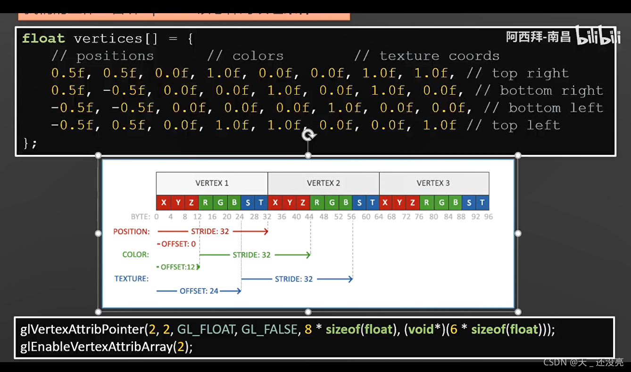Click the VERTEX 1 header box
pyautogui.click(x=212, y=183)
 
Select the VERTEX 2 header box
pyautogui.click(x=324, y=183)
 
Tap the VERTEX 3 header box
pyautogui.click(x=433, y=183)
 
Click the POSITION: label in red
pyautogui.click(x=131, y=232)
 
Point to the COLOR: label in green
pyautogui.click(x=135, y=255)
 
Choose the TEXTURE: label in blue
pyautogui.click(x=132, y=279)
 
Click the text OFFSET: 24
pyautogui.click(x=199, y=291)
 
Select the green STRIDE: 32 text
pyautogui.click(x=251, y=255)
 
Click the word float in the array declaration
pyautogui.click(x=43, y=38)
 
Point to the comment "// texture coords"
pyautogui.click(x=426, y=56)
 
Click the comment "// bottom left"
pyautogui.click(x=543, y=108)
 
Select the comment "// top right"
pyautogui.click(x=517, y=73)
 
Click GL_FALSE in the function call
pyautogui.click(x=269, y=329)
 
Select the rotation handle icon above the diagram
pyautogui.click(x=308, y=136)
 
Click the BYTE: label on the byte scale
pyautogui.click(x=141, y=217)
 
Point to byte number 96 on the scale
pyautogui.click(x=488, y=217)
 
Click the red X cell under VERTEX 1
pyautogui.click(x=164, y=202)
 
